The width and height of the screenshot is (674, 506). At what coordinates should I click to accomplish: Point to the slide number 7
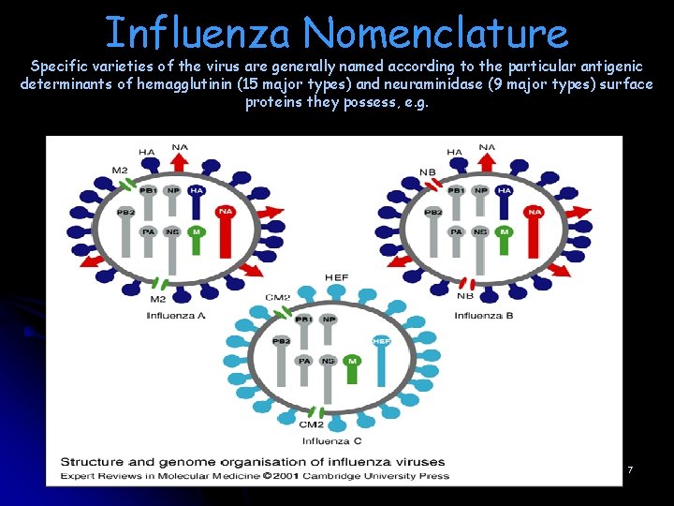tap(630, 469)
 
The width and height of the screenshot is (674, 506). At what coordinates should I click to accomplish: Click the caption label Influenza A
tap(176, 316)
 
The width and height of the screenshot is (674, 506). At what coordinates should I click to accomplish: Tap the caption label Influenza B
tap(484, 316)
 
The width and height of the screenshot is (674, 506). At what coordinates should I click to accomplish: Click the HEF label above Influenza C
tap(336, 278)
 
